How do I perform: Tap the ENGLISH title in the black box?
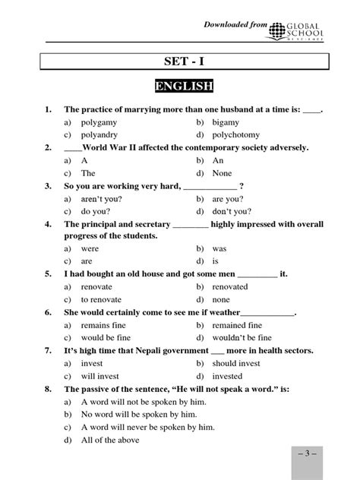click(x=183, y=87)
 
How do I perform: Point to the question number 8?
click(x=48, y=389)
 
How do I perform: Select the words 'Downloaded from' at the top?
click(x=235, y=26)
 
